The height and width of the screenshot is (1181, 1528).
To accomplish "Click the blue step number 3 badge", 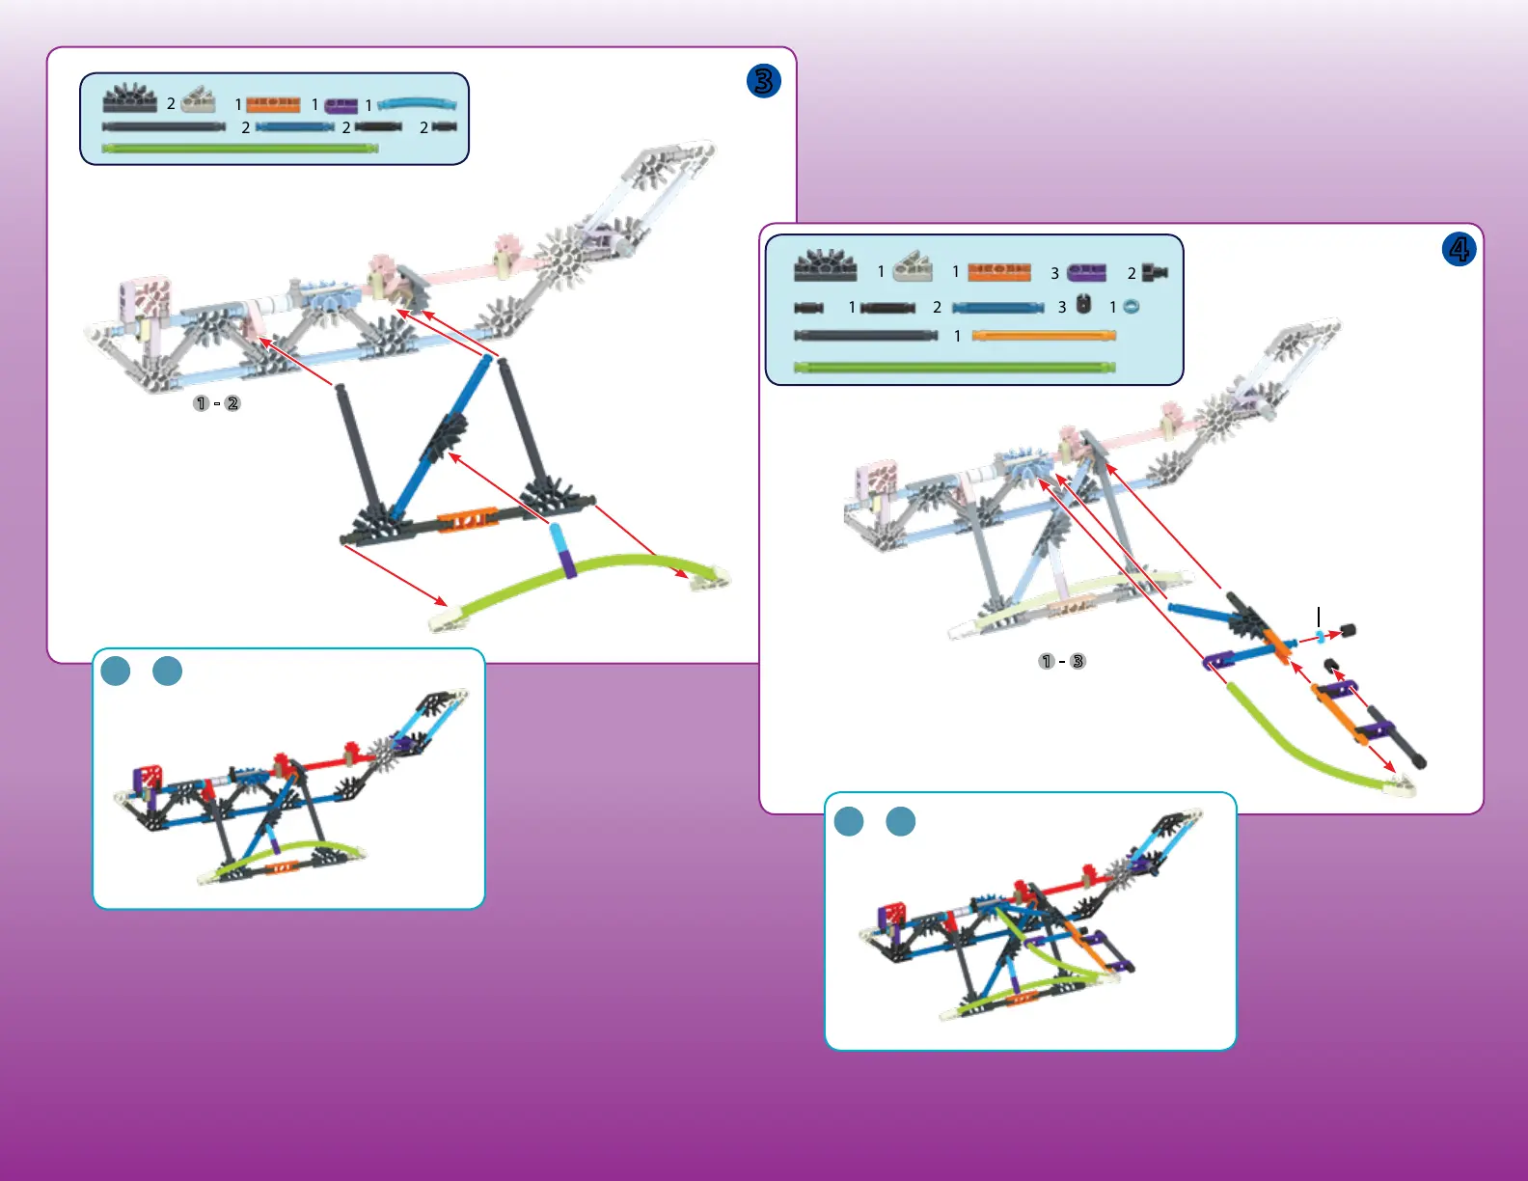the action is (763, 81).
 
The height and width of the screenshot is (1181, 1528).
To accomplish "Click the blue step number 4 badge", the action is (1459, 250).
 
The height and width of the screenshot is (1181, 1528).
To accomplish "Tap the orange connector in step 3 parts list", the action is (273, 104).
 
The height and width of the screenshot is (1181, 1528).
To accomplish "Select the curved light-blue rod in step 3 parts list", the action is (417, 102).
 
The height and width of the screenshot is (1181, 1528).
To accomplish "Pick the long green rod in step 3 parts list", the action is (238, 149).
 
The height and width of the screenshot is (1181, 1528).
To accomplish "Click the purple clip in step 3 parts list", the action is (341, 105).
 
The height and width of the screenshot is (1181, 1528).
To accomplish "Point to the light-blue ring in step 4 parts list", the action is (1132, 307).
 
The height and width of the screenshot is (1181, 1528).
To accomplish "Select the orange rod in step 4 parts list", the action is (1044, 336).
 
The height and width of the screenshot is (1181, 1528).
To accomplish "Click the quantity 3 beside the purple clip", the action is (1054, 274).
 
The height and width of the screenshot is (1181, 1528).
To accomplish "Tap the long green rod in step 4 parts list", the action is (954, 367).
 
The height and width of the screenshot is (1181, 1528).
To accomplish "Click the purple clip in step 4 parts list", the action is (1086, 273).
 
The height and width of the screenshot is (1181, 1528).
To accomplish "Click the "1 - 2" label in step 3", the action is (216, 403).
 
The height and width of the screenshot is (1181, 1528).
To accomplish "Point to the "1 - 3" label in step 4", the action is (1061, 662).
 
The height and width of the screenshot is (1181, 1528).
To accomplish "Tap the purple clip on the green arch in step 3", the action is (568, 563).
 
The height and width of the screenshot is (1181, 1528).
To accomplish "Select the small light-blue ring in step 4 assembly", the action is (1320, 636).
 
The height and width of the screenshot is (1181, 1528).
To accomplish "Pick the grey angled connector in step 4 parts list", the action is (913, 266).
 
